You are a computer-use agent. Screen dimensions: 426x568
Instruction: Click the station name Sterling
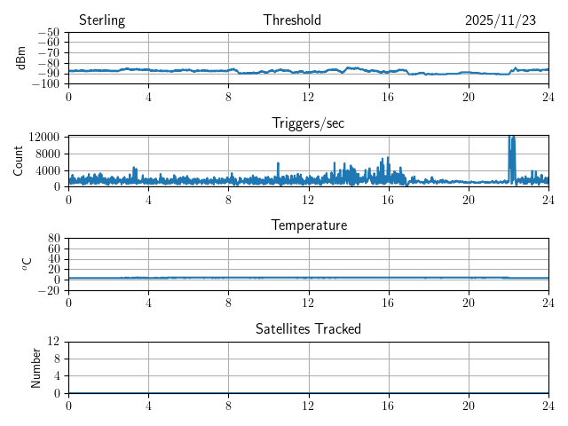pos(102,20)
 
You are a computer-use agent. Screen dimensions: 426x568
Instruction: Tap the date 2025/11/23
pos(501,20)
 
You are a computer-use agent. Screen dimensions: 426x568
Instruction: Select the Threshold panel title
pos(292,20)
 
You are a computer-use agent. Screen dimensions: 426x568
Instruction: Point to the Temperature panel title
pos(308,225)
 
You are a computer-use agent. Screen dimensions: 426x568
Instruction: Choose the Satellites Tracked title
pos(308,328)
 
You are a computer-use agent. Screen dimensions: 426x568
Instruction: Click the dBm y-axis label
pos(21,58)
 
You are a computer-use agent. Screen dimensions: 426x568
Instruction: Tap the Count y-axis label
pos(18,161)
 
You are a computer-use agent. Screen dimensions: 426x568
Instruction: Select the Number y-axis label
pos(36,367)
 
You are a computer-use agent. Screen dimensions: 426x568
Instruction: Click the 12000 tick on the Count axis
pos(43,137)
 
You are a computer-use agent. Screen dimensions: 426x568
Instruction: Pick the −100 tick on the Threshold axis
pos(45,83)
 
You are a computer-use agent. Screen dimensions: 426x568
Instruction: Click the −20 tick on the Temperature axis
pos(48,290)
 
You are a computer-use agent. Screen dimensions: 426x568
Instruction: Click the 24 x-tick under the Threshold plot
pos(548,97)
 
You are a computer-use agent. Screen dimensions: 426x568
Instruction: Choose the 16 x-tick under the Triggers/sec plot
pos(388,200)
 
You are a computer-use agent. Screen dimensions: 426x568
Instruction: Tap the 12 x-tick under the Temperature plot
pos(308,303)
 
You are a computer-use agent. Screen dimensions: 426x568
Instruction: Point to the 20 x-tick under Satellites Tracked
pos(468,406)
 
